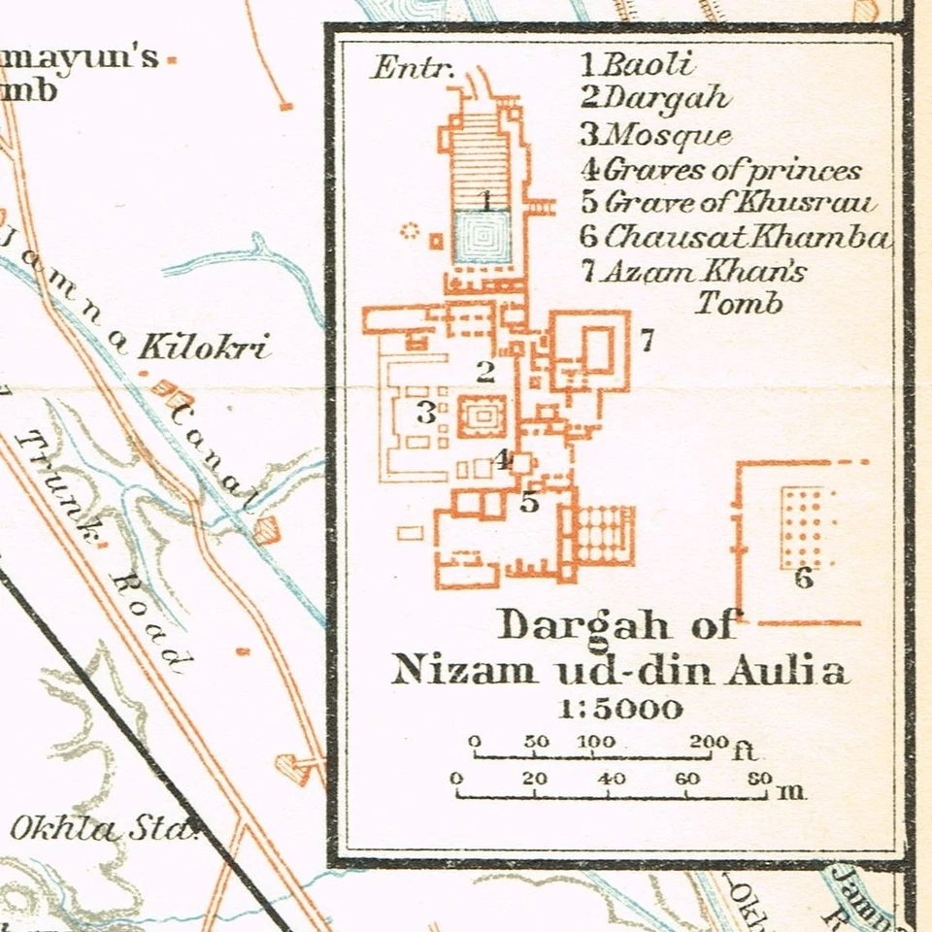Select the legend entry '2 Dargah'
point(654,98)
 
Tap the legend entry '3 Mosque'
point(655,134)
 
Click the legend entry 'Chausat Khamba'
point(735,237)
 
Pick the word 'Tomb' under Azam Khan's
point(739,303)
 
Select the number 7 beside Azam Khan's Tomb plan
point(646,340)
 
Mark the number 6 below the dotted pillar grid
point(803,579)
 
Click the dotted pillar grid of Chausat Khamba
point(807,527)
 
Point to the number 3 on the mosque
point(425,413)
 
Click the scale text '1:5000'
point(620,708)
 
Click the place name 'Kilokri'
point(204,347)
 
